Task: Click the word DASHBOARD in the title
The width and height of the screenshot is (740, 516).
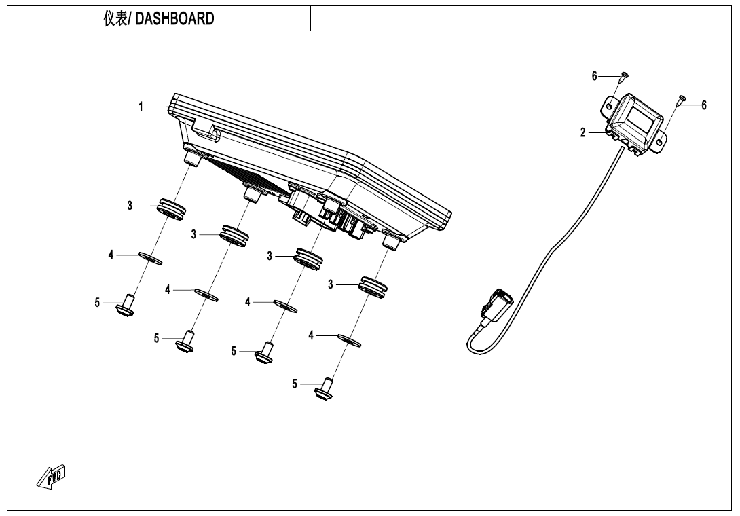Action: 175,19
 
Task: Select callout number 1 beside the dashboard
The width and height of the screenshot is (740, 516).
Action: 141,107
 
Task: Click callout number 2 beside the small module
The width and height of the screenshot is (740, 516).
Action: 582,133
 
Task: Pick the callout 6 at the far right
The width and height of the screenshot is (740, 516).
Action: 704,105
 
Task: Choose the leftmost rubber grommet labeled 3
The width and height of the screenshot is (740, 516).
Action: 172,207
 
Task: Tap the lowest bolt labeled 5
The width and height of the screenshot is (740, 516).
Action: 325,388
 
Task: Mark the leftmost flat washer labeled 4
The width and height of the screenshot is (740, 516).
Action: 150,258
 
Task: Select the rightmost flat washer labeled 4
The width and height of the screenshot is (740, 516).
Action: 349,339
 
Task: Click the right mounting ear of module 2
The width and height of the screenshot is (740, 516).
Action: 660,140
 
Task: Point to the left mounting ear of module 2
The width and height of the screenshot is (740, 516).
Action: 609,105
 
